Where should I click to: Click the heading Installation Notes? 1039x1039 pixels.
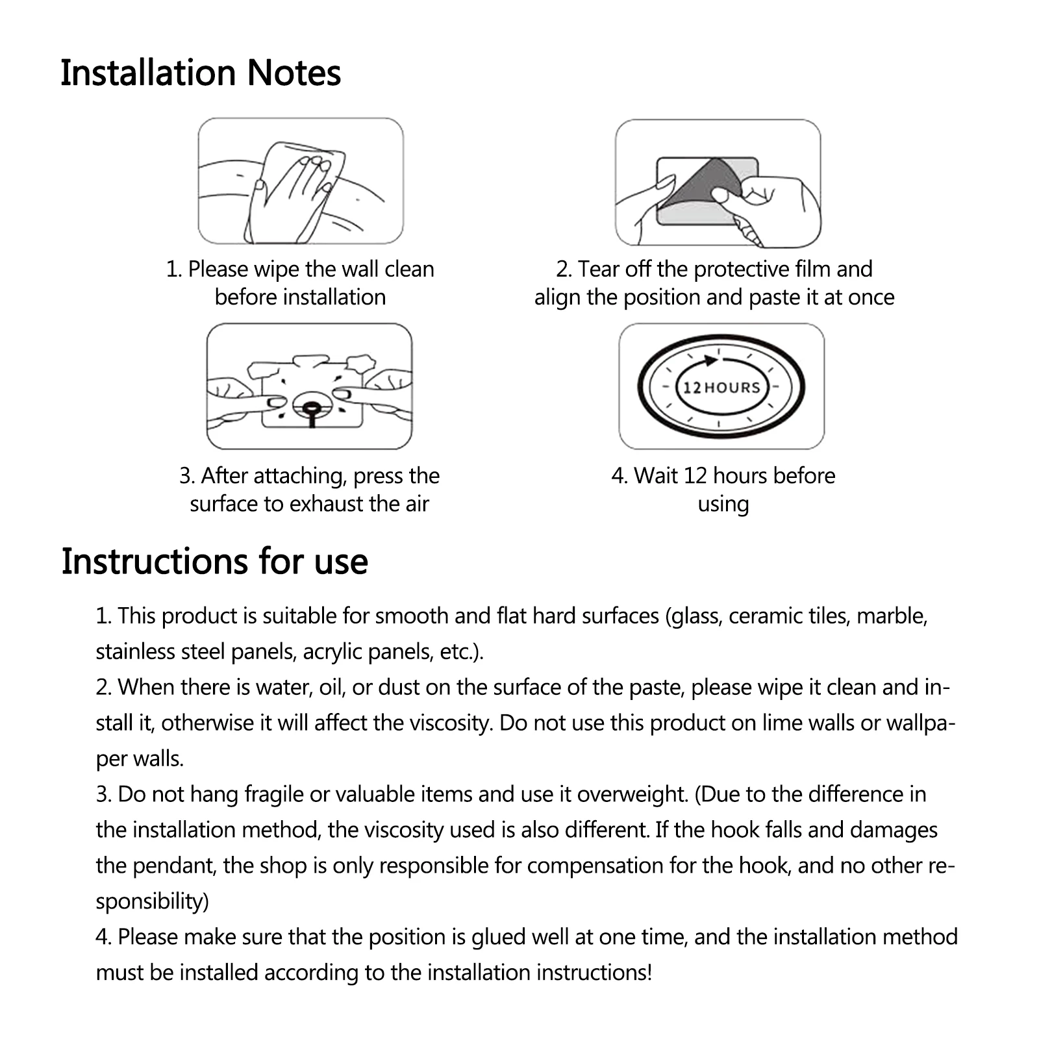click(x=201, y=73)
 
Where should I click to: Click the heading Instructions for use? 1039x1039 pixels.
click(x=214, y=562)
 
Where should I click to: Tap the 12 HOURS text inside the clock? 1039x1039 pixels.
click(x=721, y=388)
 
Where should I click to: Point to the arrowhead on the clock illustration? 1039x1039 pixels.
click(x=711, y=360)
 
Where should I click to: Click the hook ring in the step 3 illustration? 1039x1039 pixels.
click(x=310, y=408)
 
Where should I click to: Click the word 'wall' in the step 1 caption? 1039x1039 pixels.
click(x=360, y=269)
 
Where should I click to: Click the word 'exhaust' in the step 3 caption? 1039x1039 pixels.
click(x=325, y=504)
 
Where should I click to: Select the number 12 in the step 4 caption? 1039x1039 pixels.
click(x=694, y=476)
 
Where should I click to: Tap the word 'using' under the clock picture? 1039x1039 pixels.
click(x=723, y=505)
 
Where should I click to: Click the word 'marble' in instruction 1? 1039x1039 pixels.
click(x=891, y=616)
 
